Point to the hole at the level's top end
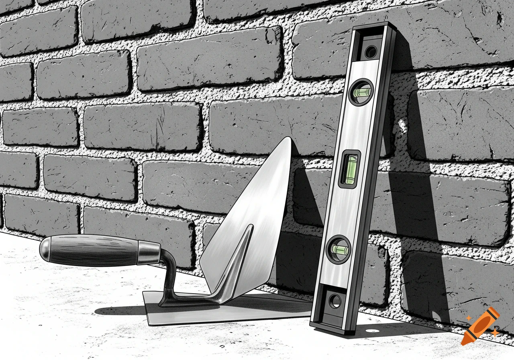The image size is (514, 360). [370, 52]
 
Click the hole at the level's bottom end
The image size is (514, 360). [334, 301]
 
